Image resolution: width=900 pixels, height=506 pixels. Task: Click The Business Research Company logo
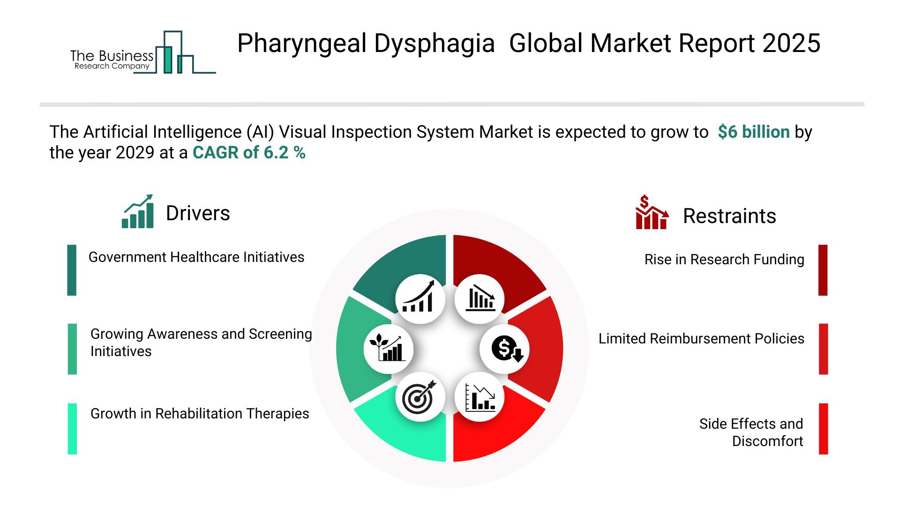click(x=143, y=52)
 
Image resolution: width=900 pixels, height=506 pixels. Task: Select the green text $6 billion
click(x=754, y=132)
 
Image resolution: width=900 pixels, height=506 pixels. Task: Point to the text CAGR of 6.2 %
click(x=249, y=152)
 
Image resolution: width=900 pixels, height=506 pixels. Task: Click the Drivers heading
click(x=198, y=213)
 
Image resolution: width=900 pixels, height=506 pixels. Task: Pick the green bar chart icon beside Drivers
click(x=138, y=211)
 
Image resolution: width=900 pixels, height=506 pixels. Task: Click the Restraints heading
click(x=729, y=216)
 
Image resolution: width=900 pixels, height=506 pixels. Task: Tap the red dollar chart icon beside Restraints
click(x=652, y=212)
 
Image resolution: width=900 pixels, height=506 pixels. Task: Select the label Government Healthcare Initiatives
click(x=196, y=257)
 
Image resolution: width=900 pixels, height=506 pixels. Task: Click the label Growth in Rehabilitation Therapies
click(x=200, y=414)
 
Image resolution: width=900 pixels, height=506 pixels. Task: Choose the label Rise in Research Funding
click(x=724, y=260)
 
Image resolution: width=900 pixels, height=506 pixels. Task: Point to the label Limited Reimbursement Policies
click(x=701, y=338)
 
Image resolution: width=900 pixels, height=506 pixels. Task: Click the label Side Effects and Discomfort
click(x=751, y=432)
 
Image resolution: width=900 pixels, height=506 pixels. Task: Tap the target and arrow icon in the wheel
click(x=420, y=397)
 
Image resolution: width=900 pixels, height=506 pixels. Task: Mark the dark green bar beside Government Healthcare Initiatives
click(x=72, y=270)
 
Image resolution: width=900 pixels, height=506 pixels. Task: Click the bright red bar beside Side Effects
click(x=823, y=429)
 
